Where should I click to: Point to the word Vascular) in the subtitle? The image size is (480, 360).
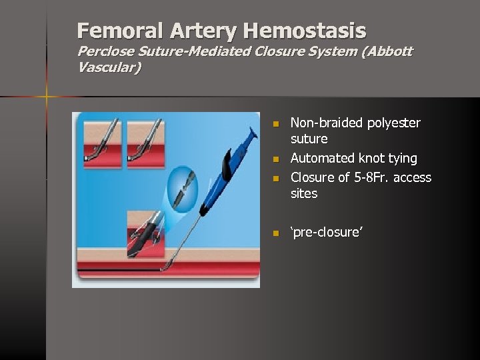109,67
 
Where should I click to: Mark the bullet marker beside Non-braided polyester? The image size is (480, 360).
274,123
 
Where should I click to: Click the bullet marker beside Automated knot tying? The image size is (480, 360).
274,159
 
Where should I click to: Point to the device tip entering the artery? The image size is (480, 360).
167,267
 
